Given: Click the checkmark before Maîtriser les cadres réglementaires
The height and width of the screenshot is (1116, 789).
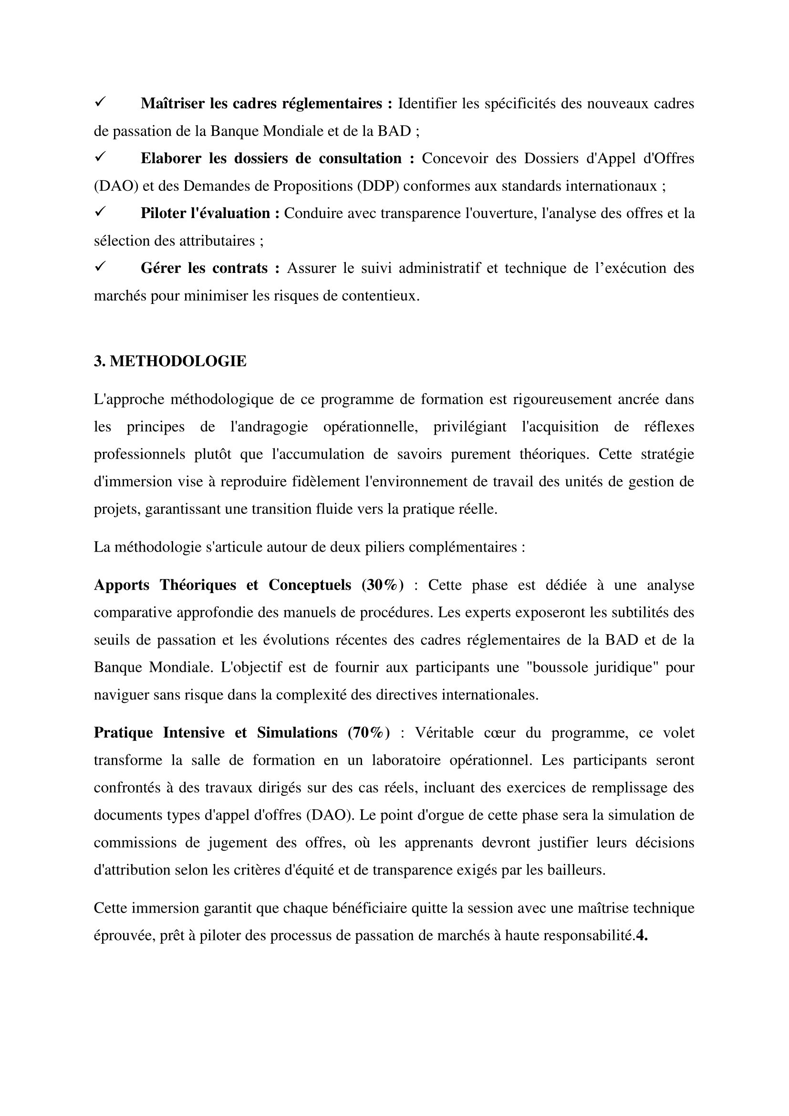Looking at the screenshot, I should point(101,102).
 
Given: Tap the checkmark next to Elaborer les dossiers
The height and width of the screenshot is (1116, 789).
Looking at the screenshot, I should point(101,157).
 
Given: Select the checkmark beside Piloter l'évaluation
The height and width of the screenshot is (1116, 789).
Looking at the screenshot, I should point(101,212).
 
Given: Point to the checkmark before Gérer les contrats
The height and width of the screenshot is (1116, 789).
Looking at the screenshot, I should point(101,267).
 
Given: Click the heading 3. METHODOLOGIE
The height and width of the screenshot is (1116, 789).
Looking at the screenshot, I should point(170,362).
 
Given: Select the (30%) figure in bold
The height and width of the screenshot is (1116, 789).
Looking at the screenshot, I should point(383,585).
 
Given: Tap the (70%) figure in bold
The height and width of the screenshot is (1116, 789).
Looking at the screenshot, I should point(369,733).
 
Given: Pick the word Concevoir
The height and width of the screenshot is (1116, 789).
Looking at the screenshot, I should point(455,158).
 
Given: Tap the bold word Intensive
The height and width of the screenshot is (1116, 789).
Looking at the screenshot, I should point(193,733).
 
